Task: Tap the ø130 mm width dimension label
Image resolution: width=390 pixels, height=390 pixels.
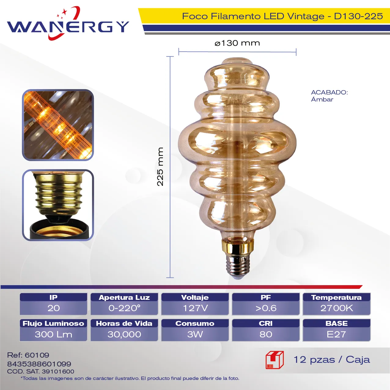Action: [x=237, y=43]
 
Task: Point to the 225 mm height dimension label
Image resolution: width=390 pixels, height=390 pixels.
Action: [x=160, y=167]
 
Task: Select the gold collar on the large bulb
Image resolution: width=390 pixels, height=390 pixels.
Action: [x=238, y=247]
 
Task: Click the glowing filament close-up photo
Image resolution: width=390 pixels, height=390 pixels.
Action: [x=58, y=125]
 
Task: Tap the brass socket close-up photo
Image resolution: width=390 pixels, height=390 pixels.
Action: [x=58, y=205]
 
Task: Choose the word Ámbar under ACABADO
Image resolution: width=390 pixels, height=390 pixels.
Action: [x=322, y=99]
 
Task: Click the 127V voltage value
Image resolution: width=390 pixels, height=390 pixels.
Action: [x=195, y=308]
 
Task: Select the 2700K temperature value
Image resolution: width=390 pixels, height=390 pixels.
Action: [x=337, y=308]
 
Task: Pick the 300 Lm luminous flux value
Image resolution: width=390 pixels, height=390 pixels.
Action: [x=53, y=334]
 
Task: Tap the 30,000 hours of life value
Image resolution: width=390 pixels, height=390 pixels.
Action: [x=124, y=334]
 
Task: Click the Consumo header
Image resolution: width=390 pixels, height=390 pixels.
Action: [x=195, y=323]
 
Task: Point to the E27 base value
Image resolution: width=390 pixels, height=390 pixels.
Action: [x=337, y=334]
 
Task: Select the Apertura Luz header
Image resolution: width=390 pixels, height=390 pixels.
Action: [x=124, y=297]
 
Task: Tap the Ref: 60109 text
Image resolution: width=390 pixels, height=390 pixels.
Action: [x=28, y=355]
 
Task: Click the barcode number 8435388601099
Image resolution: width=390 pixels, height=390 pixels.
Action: [x=39, y=364]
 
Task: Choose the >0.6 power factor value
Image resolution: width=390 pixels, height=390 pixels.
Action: [x=266, y=308]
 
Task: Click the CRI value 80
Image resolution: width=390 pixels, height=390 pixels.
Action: [x=266, y=334]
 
